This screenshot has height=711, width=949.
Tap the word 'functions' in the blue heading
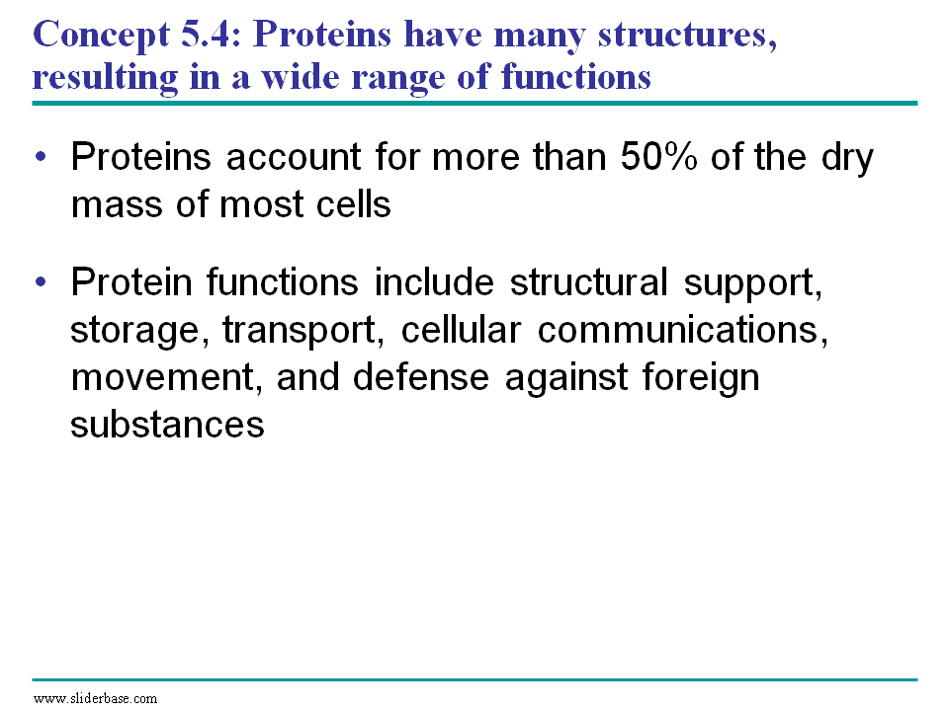[x=576, y=77]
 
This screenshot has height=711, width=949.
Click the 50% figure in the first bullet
[x=659, y=157]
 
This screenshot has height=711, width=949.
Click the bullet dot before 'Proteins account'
[x=41, y=157]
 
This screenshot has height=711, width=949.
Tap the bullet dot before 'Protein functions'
[x=41, y=281]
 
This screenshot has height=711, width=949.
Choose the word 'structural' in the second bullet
[x=588, y=281]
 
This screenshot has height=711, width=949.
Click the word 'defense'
[x=421, y=376]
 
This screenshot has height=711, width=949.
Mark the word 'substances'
[x=167, y=424]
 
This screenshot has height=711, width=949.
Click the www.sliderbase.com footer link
[x=95, y=699]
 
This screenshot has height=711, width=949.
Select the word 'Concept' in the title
[x=101, y=36]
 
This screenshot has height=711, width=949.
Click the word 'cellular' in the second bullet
[x=461, y=330]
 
